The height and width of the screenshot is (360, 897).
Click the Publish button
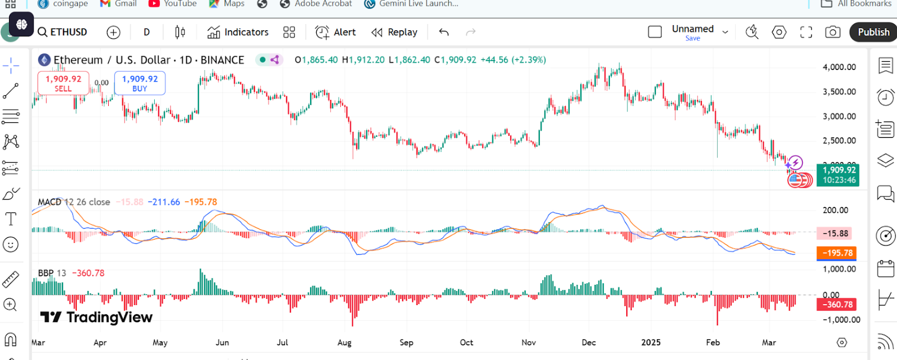pos(873,32)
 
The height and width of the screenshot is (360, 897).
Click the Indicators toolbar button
pos(238,32)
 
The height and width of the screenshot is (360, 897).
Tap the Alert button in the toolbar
pos(335,32)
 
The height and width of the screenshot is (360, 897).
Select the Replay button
pos(394,32)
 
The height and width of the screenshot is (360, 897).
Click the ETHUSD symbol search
pos(62,32)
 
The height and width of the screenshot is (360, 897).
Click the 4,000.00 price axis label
pos(839,67)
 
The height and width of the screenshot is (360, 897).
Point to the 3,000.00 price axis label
pos(839,117)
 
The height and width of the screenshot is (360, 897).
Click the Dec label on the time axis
pos(589,343)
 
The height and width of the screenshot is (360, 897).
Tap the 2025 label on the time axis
pos(650,343)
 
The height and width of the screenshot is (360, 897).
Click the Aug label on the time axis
pos(344,343)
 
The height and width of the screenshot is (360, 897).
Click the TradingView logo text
pos(96,317)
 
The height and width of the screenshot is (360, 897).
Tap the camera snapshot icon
pos(833,32)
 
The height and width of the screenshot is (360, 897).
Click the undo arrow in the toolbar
pos(444,32)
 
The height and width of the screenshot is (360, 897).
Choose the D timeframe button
pos(147,32)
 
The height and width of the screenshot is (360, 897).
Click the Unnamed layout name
pos(692,29)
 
